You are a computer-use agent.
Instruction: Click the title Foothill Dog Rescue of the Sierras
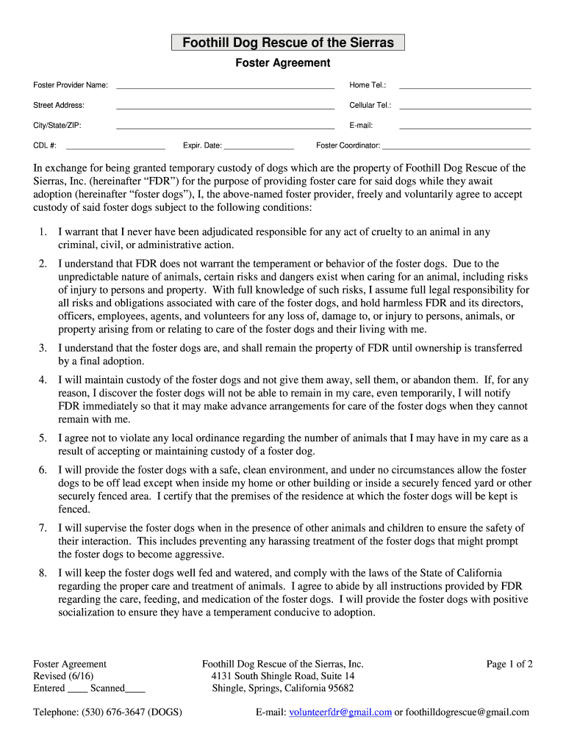pos(287,43)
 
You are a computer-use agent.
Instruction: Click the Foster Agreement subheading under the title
pos(282,63)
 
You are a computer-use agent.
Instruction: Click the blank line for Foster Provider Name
pos(225,86)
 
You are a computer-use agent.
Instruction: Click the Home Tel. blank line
pos(464,86)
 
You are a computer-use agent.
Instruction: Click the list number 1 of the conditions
pos(43,232)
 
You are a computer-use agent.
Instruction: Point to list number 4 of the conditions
pos(43,380)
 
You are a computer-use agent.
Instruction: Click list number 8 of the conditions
pos(43,573)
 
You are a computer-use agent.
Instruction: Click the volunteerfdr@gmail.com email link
pos(340,712)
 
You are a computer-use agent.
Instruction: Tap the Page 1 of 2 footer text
pos(509,664)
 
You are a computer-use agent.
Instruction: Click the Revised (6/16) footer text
pos(63,676)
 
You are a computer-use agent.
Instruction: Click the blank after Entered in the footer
pos(77,689)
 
